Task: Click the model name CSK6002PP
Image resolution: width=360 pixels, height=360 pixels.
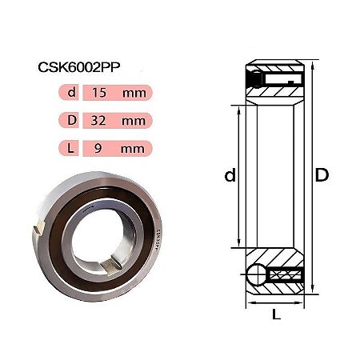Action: [79, 67]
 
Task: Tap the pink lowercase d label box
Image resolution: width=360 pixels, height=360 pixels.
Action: [69, 93]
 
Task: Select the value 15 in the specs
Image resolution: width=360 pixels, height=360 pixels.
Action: [99, 93]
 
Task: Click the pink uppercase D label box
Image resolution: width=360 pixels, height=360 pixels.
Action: [69, 120]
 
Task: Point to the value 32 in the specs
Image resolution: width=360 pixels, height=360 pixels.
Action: [98, 121]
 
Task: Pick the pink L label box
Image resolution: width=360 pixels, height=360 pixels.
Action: [69, 148]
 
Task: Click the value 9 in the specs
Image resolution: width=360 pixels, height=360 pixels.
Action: [98, 148]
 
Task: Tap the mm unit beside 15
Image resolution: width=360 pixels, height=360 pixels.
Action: [134, 94]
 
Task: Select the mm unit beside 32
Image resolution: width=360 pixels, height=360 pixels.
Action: [134, 122]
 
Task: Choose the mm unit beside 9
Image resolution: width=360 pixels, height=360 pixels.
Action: [133, 150]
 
